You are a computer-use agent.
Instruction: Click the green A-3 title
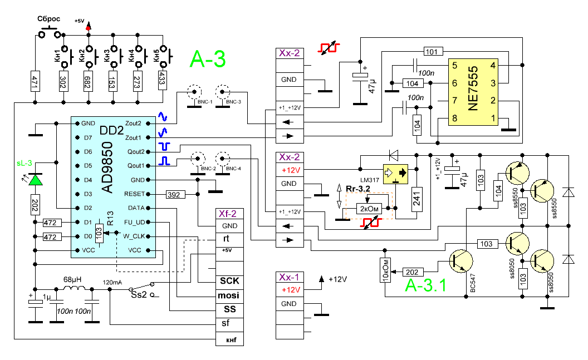tap(208, 59)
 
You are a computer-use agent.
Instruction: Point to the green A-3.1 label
tap(425, 286)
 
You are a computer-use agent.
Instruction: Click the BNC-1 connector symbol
tap(194, 92)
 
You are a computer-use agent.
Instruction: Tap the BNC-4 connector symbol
tap(224, 158)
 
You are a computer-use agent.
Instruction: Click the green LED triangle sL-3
tap(36, 180)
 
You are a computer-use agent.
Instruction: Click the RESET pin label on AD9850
tap(135, 194)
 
